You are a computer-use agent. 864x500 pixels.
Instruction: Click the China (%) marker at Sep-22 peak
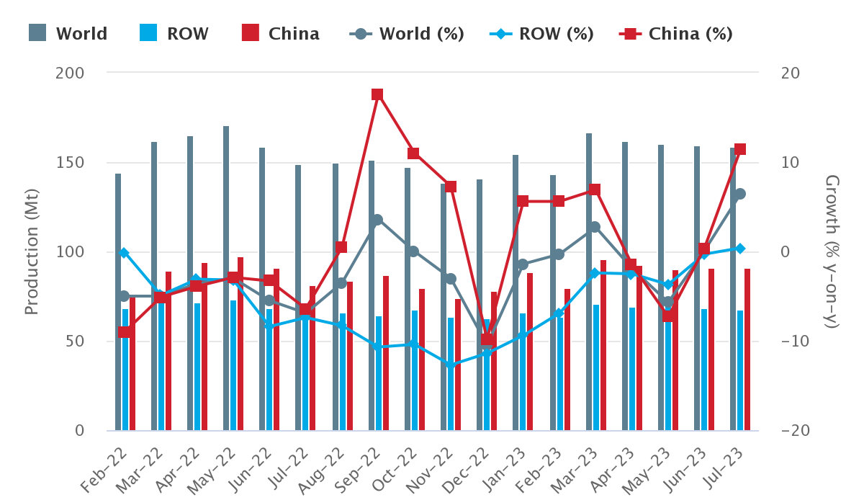point(377,94)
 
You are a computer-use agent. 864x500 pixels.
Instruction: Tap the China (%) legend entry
point(676,34)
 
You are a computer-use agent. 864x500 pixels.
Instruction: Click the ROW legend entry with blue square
point(174,34)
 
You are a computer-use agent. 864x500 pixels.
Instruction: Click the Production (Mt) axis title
point(32,251)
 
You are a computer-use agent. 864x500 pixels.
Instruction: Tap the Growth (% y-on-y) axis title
point(832,251)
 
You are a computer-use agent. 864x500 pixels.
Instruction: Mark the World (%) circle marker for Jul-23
point(739,194)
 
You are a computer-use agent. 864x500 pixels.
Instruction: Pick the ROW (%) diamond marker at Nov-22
point(451,365)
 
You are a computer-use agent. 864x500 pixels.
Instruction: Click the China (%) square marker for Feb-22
point(124,332)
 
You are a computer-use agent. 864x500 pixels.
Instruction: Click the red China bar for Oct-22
point(422,360)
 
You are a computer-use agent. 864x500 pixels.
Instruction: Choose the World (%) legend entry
point(407,34)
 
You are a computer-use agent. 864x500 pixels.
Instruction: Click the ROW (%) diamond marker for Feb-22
point(124,253)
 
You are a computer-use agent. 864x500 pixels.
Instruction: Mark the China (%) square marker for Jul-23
point(739,149)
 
